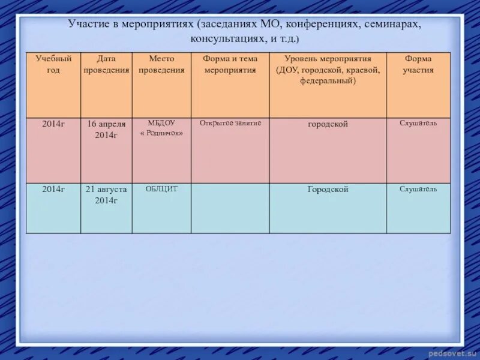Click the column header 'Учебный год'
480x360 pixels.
point(53,64)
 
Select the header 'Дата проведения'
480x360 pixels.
point(106,64)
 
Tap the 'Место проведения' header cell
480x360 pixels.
point(161,64)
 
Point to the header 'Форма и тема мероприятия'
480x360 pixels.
point(230,64)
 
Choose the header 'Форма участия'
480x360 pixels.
point(418,64)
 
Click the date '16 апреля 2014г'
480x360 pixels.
point(106,129)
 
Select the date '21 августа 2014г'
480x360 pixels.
point(106,194)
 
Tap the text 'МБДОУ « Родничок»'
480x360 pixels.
point(161,128)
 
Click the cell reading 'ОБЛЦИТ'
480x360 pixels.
point(161,188)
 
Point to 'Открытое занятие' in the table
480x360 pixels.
point(230,123)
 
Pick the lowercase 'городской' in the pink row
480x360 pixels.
point(328,124)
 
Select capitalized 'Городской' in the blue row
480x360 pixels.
point(328,189)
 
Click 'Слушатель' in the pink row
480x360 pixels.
point(418,123)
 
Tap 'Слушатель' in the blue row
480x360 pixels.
point(418,188)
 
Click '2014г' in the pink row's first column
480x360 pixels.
point(53,124)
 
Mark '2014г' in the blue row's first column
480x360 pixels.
point(53,188)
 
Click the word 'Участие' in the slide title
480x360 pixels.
point(87,25)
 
